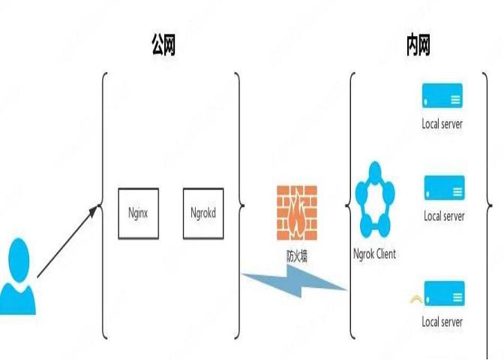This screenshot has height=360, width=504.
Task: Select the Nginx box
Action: click(138, 214)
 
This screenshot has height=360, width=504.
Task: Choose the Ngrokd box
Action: click(204, 214)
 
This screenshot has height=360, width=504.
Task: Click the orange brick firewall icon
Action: click(296, 212)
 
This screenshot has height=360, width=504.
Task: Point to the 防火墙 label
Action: click(297, 255)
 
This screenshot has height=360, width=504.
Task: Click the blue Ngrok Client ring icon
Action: click(373, 200)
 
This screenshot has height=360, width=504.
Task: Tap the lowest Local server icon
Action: click(443, 293)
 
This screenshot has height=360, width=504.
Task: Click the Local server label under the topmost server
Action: click(442, 124)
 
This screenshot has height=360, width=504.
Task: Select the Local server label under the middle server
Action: click(444, 216)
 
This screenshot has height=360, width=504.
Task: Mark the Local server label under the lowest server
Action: click(442, 322)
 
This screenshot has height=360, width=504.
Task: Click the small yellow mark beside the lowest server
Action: click(415, 301)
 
